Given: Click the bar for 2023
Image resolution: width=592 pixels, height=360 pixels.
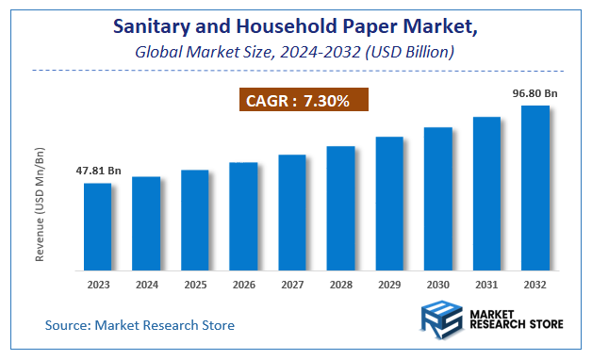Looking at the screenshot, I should (97, 226).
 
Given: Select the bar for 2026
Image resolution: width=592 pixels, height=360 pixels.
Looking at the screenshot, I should (243, 216).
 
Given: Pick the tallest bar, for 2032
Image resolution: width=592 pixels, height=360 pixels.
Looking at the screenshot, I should (535, 188).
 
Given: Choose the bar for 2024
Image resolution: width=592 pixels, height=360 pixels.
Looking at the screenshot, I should (146, 223).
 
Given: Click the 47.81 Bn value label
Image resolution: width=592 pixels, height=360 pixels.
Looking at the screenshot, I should (99, 171).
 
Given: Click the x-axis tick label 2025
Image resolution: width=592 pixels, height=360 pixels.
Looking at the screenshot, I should (194, 285).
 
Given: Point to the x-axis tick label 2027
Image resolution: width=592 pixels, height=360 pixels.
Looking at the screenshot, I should (292, 285).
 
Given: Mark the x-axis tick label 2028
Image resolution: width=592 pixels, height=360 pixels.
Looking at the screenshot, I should (340, 285).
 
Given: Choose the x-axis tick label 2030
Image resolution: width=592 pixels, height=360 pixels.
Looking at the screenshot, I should (438, 285).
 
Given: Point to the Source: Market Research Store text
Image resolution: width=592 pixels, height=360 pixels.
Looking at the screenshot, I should (140, 325).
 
